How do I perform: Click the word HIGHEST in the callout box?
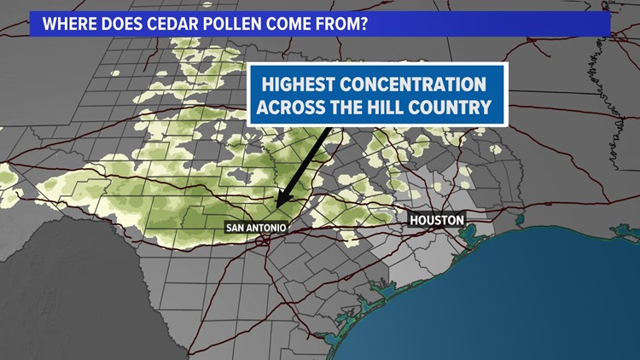[x=300, y=85]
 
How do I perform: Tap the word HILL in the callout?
[x=400, y=108]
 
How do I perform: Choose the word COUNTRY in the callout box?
[x=461, y=108]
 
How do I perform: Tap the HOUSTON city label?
[x=436, y=220]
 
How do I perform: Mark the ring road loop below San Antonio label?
[x=267, y=241]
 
